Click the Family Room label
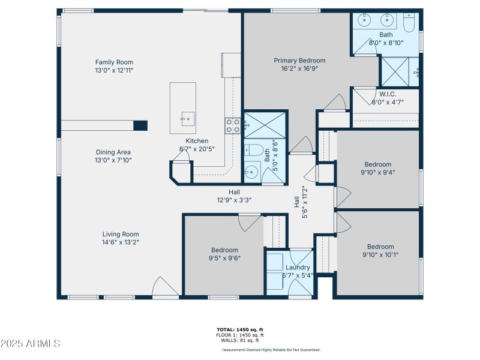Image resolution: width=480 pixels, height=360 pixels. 114,62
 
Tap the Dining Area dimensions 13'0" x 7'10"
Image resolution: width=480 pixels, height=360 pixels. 113,160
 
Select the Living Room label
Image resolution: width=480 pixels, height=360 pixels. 121,234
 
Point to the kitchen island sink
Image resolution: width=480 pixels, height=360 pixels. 188,119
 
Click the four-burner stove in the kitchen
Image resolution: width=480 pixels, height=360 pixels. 233,126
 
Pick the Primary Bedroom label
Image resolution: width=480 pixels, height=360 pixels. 299,61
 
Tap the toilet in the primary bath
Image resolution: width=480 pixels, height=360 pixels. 409,22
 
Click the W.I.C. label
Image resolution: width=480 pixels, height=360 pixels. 388,94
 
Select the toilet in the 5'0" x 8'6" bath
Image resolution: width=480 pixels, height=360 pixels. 254,150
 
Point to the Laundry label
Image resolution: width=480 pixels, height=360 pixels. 298,268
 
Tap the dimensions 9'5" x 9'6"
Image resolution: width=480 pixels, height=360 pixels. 224,258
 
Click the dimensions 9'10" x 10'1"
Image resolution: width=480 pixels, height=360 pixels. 380,254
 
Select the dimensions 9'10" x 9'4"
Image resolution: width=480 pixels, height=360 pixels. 378,172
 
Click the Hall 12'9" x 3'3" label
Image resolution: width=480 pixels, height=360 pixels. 234,196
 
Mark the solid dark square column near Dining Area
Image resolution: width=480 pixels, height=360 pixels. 140,125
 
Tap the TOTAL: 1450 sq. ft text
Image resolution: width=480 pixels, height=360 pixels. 240,329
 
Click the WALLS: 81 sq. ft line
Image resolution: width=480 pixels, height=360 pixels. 240,340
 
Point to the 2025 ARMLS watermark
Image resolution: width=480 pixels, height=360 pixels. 30,343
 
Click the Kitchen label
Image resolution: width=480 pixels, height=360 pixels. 197,141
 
